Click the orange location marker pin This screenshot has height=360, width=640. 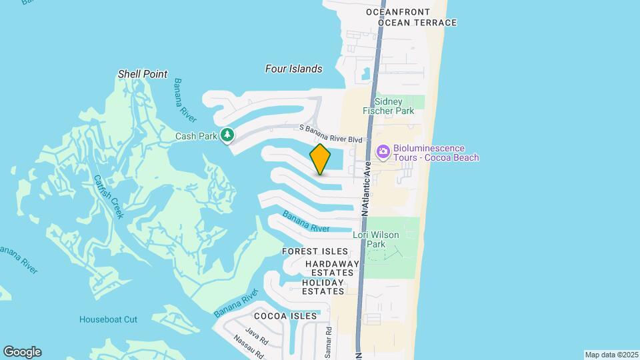[x=321, y=159]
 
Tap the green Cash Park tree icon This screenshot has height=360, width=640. [x=228, y=135]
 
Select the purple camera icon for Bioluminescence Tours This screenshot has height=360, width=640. [x=383, y=152]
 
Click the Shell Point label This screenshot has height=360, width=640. [x=143, y=74]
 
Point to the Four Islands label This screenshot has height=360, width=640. [x=293, y=69]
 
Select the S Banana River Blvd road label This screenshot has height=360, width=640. [x=331, y=133]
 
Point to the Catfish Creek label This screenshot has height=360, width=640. [x=109, y=196]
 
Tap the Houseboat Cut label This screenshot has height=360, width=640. [x=108, y=319]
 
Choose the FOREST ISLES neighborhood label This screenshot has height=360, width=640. [x=315, y=251]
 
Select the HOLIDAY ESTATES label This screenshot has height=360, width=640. [x=323, y=287]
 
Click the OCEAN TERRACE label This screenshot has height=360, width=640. [x=417, y=23]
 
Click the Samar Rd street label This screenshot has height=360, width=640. [x=329, y=342]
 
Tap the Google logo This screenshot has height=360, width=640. [x=22, y=352]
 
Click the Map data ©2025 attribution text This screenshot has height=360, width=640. [x=610, y=355]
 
